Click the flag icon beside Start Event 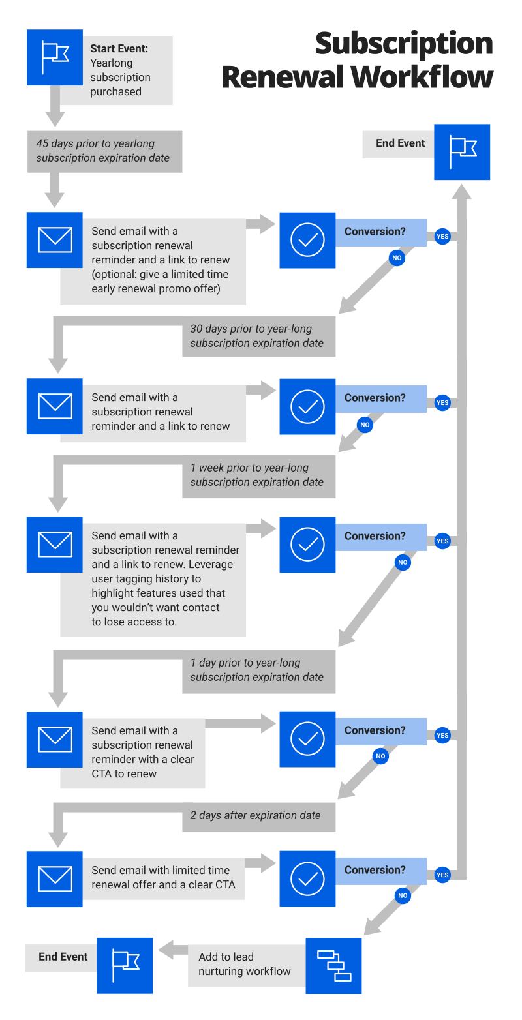coord(55,57)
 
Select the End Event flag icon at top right coord(462,152)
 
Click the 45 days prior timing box coord(104,151)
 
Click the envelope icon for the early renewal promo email coord(55,240)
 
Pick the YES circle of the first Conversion coord(442,237)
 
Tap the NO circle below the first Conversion coord(397,258)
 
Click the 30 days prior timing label coord(258,336)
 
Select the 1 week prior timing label coord(258,475)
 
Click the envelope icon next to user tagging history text coord(55,545)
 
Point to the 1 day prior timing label coord(258,670)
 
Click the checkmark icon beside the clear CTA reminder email coord(307,739)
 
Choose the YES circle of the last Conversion coord(442,875)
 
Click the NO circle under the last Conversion coord(403,895)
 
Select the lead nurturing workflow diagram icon coord(333,965)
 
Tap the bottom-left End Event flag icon coord(125,965)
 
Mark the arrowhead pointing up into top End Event coord(461,191)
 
